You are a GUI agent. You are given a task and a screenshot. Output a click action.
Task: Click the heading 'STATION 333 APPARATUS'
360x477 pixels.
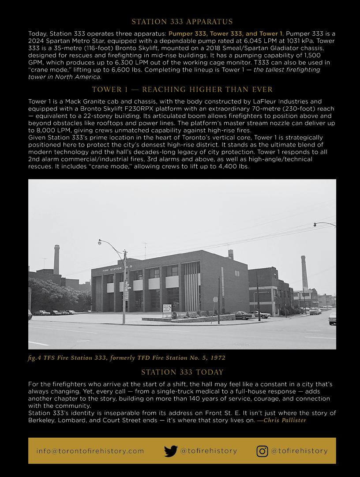pos(182,22)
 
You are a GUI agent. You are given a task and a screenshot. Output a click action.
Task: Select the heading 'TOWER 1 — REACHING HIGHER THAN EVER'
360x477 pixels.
pos(182,90)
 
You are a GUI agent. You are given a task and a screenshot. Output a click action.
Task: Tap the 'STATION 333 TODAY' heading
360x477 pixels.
pos(182,372)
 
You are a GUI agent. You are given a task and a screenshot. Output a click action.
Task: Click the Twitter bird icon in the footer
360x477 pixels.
pos(171,451)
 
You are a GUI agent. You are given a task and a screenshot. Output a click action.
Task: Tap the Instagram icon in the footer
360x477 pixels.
pos(262,451)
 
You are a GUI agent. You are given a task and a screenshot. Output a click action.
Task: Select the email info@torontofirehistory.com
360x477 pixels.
pos(90,451)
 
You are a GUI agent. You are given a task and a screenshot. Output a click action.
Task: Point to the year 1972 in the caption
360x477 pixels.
pos(217,357)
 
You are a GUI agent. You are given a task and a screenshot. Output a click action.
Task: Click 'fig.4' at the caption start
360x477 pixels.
pos(35,357)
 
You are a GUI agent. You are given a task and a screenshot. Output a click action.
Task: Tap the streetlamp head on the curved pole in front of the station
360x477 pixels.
pos(100,242)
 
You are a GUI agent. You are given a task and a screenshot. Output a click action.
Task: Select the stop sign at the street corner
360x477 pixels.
pos(216,299)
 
